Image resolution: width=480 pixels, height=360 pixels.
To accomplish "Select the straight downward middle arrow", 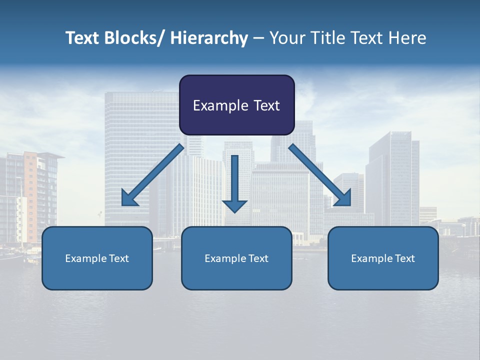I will click(x=234, y=180).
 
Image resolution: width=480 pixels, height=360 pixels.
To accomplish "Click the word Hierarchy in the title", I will click(x=209, y=38).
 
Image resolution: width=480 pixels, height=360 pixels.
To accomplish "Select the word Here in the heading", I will click(x=407, y=38).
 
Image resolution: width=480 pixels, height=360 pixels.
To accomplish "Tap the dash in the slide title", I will click(x=258, y=38).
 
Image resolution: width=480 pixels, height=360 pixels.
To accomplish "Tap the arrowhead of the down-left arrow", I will click(x=129, y=198).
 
